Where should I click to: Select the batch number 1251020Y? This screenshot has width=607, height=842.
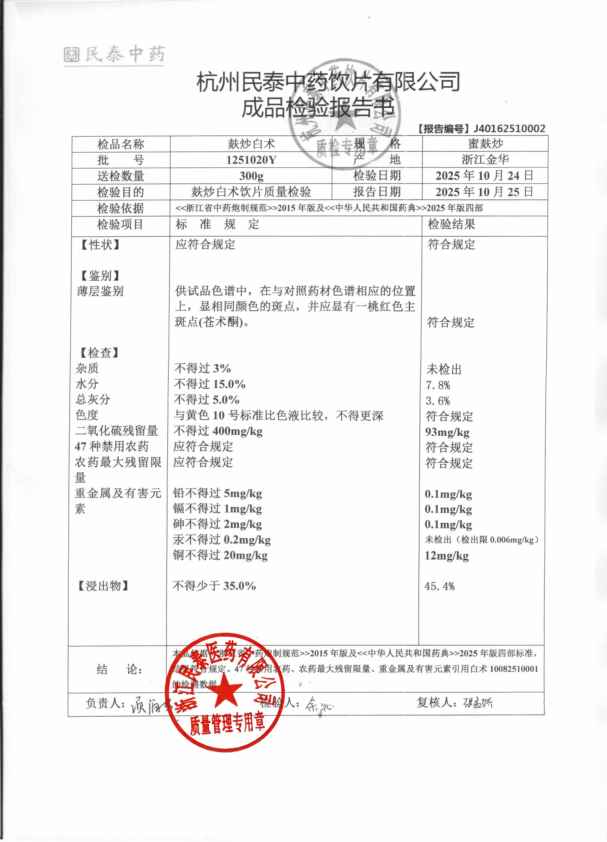(251, 160)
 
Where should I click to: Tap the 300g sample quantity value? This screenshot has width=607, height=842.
(251, 176)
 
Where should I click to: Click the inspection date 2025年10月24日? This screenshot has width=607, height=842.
(485, 176)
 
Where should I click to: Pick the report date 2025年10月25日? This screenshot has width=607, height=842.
(485, 192)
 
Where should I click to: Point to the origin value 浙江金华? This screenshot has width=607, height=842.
(485, 160)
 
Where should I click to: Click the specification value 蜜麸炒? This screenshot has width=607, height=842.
(485, 144)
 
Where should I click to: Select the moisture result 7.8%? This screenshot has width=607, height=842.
(438, 385)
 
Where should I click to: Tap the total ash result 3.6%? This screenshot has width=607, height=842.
(438, 401)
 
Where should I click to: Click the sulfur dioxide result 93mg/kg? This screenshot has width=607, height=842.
(447, 432)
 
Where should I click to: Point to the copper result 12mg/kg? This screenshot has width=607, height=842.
(447, 556)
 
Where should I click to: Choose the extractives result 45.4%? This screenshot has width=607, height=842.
(440, 586)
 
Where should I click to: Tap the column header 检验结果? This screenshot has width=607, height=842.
(451, 224)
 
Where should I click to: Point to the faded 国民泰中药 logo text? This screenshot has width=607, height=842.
(114, 55)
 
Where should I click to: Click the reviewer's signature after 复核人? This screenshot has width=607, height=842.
(477, 702)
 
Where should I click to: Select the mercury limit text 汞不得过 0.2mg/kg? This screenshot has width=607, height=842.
(222, 540)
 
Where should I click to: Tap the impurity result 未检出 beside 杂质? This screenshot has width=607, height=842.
(444, 370)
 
